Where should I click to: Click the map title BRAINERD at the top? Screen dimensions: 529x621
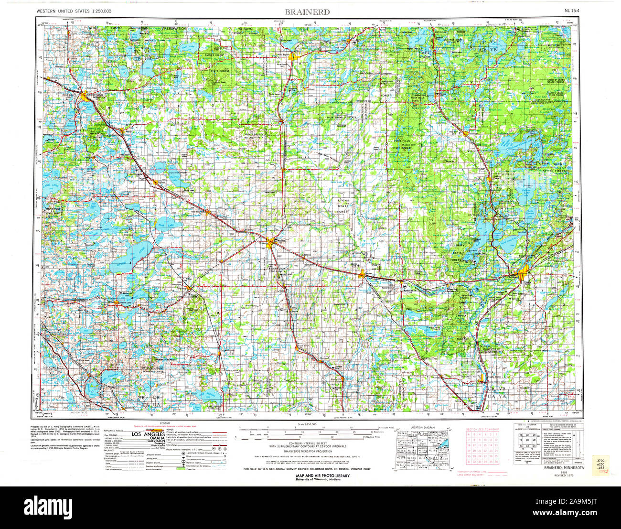tap(307, 11)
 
